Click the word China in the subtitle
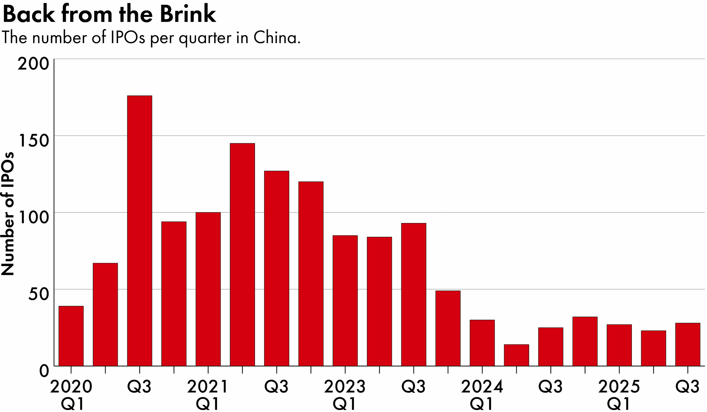276,37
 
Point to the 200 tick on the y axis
33,64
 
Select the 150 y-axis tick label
33,141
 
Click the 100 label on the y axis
33,217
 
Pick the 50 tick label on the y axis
38,294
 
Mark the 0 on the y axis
44,371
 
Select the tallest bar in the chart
139,230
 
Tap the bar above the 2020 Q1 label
71,336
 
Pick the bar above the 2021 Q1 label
208,289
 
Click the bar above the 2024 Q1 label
482,343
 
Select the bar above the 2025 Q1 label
619,345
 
